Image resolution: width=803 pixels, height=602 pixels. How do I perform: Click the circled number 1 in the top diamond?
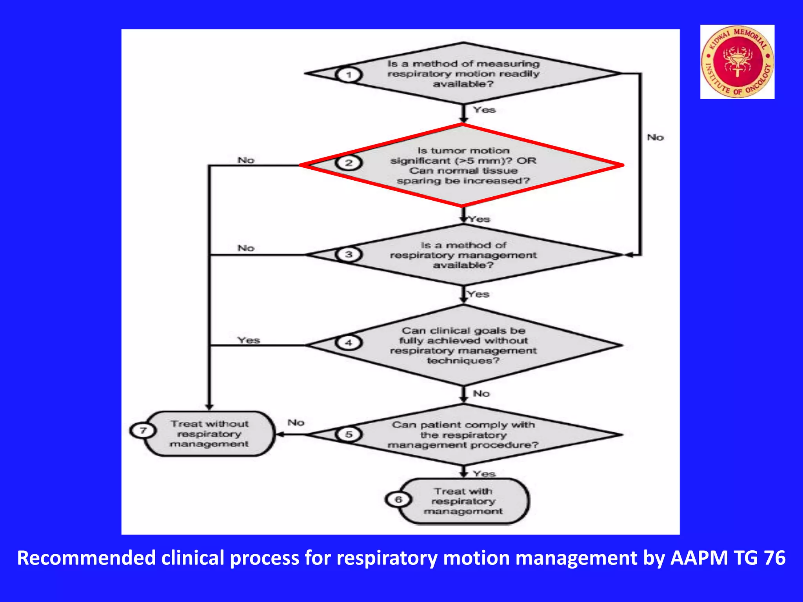click(x=349, y=74)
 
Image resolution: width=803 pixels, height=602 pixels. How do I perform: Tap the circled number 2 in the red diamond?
click(x=349, y=163)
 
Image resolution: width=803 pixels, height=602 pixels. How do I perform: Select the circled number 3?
click(x=349, y=254)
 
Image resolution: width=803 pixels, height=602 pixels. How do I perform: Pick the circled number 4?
click(x=349, y=343)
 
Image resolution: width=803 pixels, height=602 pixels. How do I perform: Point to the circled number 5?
click(x=349, y=434)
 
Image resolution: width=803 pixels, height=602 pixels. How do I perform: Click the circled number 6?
click(x=398, y=499)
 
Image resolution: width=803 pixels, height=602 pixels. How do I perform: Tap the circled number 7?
click(x=143, y=430)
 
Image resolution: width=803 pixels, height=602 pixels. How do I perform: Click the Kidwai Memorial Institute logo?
click(x=737, y=62)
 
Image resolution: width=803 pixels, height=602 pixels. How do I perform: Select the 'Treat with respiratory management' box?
click(x=463, y=501)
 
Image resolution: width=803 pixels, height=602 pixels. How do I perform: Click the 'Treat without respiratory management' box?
click(x=209, y=434)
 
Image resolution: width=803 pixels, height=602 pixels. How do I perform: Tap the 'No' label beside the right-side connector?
click(x=655, y=138)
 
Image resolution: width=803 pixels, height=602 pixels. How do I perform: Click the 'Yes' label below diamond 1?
click(x=484, y=110)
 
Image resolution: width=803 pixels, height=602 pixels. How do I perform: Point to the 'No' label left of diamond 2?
click(x=246, y=160)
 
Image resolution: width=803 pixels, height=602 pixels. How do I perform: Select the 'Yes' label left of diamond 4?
click(x=249, y=340)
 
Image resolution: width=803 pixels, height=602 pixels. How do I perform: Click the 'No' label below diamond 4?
click(x=481, y=393)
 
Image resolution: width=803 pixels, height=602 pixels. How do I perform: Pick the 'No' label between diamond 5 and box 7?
click(x=296, y=422)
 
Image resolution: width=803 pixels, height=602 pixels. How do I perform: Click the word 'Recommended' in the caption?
click(x=86, y=558)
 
